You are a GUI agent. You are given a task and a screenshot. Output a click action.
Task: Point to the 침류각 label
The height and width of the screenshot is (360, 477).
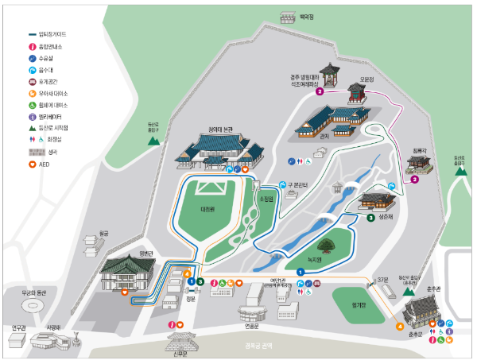point(419,149)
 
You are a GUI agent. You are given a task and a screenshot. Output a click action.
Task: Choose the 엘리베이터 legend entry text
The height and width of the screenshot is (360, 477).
point(54,117)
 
